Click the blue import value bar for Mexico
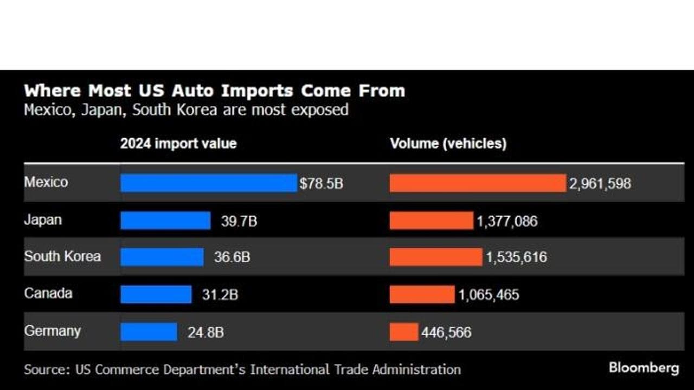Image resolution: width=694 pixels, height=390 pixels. (x=209, y=183)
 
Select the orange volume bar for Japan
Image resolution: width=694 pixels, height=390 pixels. (x=432, y=220)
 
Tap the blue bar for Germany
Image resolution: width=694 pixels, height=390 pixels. (x=149, y=332)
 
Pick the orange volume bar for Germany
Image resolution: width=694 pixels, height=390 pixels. (x=404, y=332)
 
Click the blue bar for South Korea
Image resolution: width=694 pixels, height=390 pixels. (x=162, y=257)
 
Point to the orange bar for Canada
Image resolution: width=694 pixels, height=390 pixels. (x=422, y=294)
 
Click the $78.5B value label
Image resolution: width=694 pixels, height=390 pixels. (x=322, y=184)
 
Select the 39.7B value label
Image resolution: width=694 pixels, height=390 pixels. (x=239, y=222)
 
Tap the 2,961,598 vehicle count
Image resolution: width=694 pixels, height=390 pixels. (x=600, y=184)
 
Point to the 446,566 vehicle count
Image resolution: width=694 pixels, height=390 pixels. (x=446, y=333)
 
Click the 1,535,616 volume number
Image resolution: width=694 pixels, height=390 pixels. (x=517, y=257)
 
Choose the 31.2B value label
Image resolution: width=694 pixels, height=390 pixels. (x=220, y=295)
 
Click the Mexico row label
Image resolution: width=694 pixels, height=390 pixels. (x=46, y=182)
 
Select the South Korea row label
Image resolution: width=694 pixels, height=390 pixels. (x=62, y=256)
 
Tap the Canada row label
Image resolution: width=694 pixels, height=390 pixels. (x=48, y=293)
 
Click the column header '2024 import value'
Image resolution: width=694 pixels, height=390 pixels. (x=178, y=144)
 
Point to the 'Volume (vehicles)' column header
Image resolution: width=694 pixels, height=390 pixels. (x=448, y=144)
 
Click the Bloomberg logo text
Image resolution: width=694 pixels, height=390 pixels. (x=644, y=368)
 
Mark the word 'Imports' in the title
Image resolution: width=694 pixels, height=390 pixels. (x=257, y=90)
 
